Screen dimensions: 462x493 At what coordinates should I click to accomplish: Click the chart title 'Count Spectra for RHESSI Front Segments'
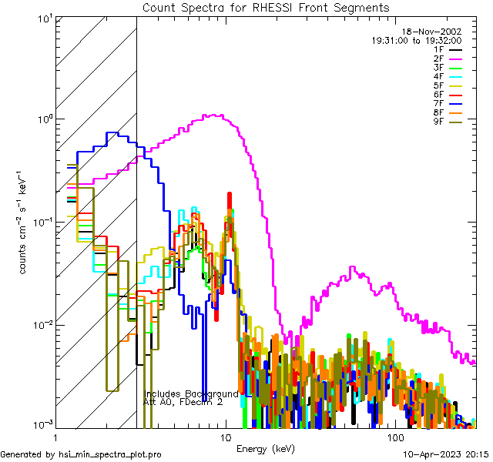pyautogui.click(x=266, y=7)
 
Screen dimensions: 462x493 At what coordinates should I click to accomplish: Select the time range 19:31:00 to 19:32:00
pyautogui.click(x=416, y=40)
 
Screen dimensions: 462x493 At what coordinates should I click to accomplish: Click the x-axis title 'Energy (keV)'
pyautogui.click(x=266, y=447)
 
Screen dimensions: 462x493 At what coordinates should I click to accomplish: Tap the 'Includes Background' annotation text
pyautogui.click(x=191, y=393)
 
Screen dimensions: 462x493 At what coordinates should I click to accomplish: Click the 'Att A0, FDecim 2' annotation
pyautogui.click(x=183, y=402)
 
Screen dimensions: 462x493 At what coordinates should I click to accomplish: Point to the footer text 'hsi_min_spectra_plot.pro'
pyautogui.click(x=110, y=454)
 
